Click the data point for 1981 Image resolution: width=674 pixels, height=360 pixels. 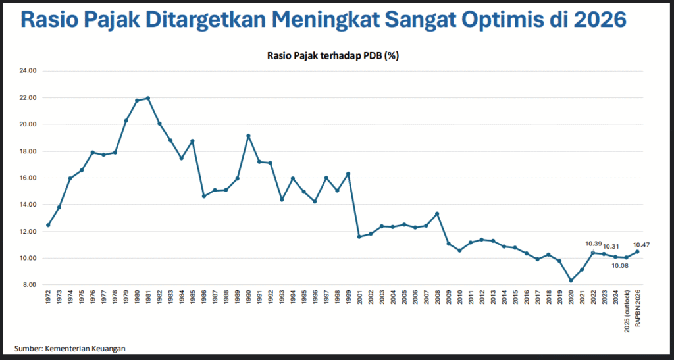(148, 98)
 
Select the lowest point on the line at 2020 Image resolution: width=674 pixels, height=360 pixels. (571, 280)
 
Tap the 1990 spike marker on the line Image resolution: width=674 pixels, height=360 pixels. (249, 136)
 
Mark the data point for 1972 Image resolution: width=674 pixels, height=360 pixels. (48, 225)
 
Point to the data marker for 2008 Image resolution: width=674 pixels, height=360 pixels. (437, 214)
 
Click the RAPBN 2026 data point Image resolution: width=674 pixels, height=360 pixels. (637, 251)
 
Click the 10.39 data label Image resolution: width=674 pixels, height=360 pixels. (594, 244)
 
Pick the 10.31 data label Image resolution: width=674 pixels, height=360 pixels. (612, 246)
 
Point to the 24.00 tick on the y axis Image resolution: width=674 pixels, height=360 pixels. (28, 71)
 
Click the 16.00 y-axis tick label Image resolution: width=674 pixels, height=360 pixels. (28, 178)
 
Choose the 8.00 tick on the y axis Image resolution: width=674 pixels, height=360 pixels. (29, 285)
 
